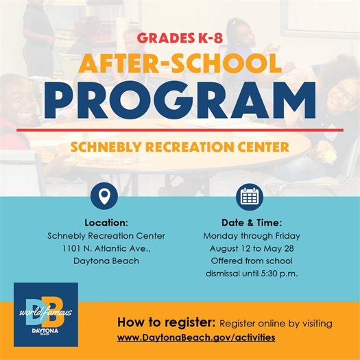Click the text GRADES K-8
[180, 37]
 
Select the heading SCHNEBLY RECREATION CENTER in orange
[180, 147]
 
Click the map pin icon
[105, 197]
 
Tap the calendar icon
[249, 197]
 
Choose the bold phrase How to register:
[167, 322]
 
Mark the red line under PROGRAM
[180, 129]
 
